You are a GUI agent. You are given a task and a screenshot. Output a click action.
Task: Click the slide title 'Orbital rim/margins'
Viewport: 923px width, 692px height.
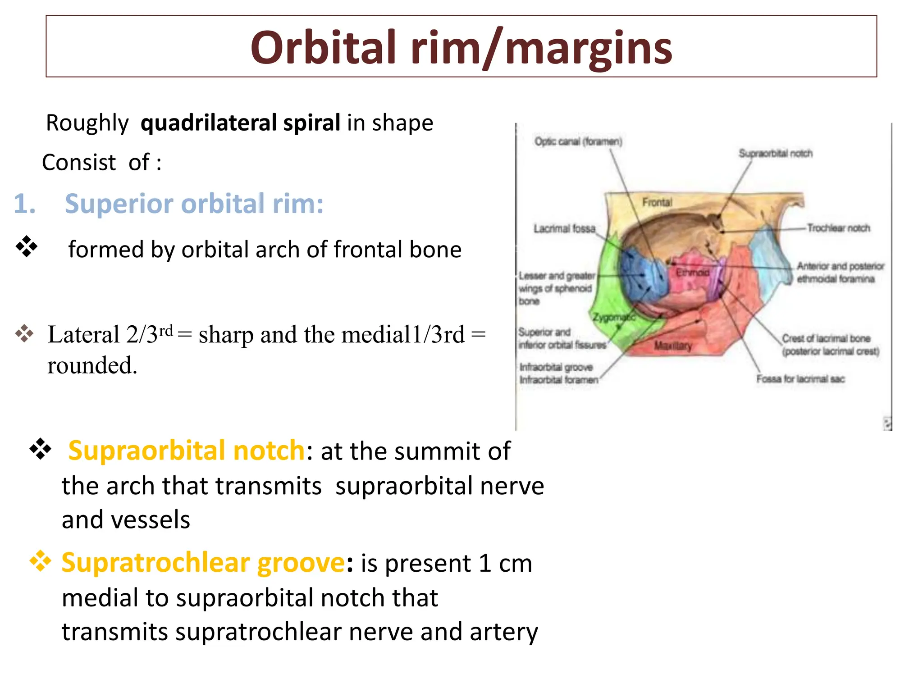pos(461,47)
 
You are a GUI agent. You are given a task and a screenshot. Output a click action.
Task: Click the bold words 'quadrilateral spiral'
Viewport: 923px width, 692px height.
pos(240,123)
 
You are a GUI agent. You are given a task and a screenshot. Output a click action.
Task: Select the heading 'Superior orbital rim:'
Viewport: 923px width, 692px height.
pos(194,204)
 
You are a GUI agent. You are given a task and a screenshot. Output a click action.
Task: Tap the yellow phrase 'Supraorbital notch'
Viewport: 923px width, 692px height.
pos(187,450)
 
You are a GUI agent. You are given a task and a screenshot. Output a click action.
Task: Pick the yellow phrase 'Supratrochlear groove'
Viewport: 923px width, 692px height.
pos(203,563)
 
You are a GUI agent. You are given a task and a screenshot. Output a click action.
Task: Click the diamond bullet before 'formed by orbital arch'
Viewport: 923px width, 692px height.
pos(27,247)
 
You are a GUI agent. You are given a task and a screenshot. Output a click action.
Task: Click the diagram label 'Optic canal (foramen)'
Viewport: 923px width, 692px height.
pos(578,141)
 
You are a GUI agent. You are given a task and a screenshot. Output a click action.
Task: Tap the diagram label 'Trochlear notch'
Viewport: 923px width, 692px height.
pos(838,228)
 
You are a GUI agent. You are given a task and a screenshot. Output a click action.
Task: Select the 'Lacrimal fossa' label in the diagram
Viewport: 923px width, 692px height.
pos(564,229)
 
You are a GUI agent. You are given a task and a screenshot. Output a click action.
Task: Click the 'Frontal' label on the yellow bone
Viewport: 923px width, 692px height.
pos(657,202)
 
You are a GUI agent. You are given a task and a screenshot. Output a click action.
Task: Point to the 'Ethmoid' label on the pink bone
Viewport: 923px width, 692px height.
pos(692,273)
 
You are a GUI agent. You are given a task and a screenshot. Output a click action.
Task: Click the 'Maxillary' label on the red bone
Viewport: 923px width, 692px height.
pos(672,346)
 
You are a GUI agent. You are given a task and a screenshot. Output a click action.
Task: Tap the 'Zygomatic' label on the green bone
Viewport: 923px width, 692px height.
pos(613,317)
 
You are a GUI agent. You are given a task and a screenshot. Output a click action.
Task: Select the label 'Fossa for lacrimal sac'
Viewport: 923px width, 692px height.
pos(800,379)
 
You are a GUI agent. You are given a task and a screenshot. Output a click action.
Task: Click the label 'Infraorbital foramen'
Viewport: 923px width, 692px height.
pos(559,380)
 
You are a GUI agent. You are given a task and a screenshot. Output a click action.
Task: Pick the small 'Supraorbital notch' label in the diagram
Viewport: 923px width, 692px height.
pos(775,154)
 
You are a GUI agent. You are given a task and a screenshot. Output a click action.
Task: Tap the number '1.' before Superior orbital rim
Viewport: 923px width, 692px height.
pos(24,204)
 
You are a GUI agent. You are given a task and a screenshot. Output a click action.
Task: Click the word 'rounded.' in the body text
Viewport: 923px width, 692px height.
pos(92,365)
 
